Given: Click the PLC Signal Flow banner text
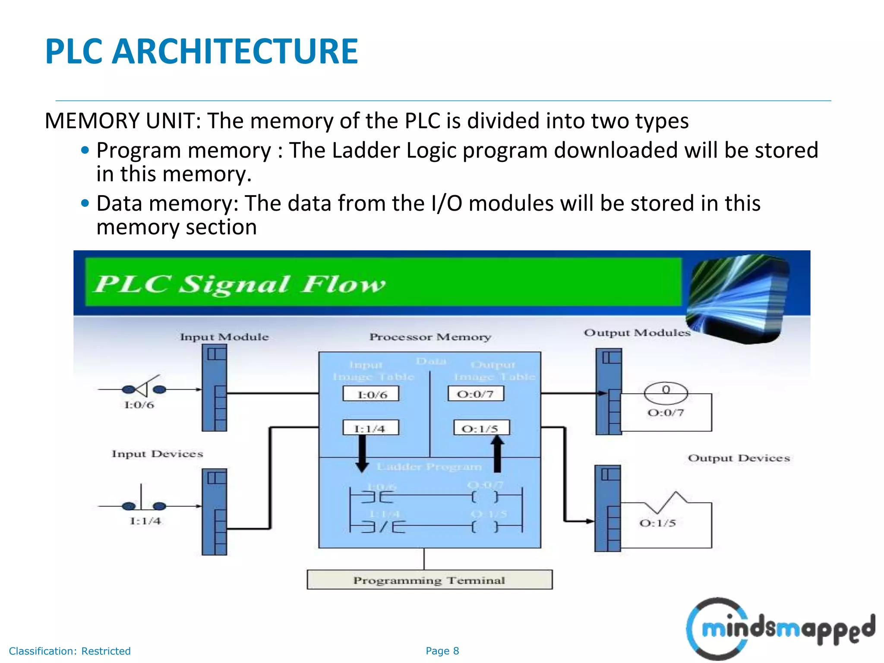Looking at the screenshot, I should click(240, 284).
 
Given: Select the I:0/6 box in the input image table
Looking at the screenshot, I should click(371, 394).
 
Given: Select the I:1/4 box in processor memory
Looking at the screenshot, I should click(370, 428).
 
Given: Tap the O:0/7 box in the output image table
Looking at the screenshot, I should click(476, 394).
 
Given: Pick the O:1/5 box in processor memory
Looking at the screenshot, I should click(481, 428).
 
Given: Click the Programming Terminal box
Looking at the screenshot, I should click(429, 580).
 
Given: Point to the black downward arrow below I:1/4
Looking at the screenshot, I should click(362, 453).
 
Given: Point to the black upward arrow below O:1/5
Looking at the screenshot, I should click(497, 453).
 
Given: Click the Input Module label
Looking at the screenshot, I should click(224, 337).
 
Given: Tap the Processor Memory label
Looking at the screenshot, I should click(430, 337).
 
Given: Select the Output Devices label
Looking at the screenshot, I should click(739, 458).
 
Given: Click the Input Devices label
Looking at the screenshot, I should click(157, 454).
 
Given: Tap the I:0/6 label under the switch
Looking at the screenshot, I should click(139, 405).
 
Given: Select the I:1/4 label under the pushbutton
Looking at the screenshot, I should click(145, 521).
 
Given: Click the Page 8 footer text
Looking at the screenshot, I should click(442, 651).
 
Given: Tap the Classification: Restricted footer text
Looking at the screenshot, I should click(69, 651).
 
